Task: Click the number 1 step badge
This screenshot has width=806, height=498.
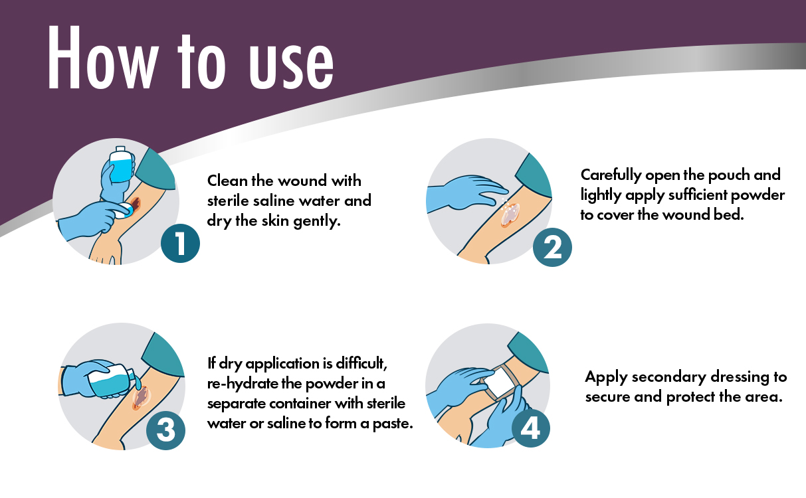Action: click(x=180, y=244)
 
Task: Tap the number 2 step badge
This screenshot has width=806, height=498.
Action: click(x=552, y=248)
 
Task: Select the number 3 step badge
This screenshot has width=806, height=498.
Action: click(x=166, y=430)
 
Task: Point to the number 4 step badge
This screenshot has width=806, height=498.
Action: click(x=531, y=428)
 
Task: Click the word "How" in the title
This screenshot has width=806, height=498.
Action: click(x=102, y=57)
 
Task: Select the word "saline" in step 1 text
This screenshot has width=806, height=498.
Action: click(x=274, y=201)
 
